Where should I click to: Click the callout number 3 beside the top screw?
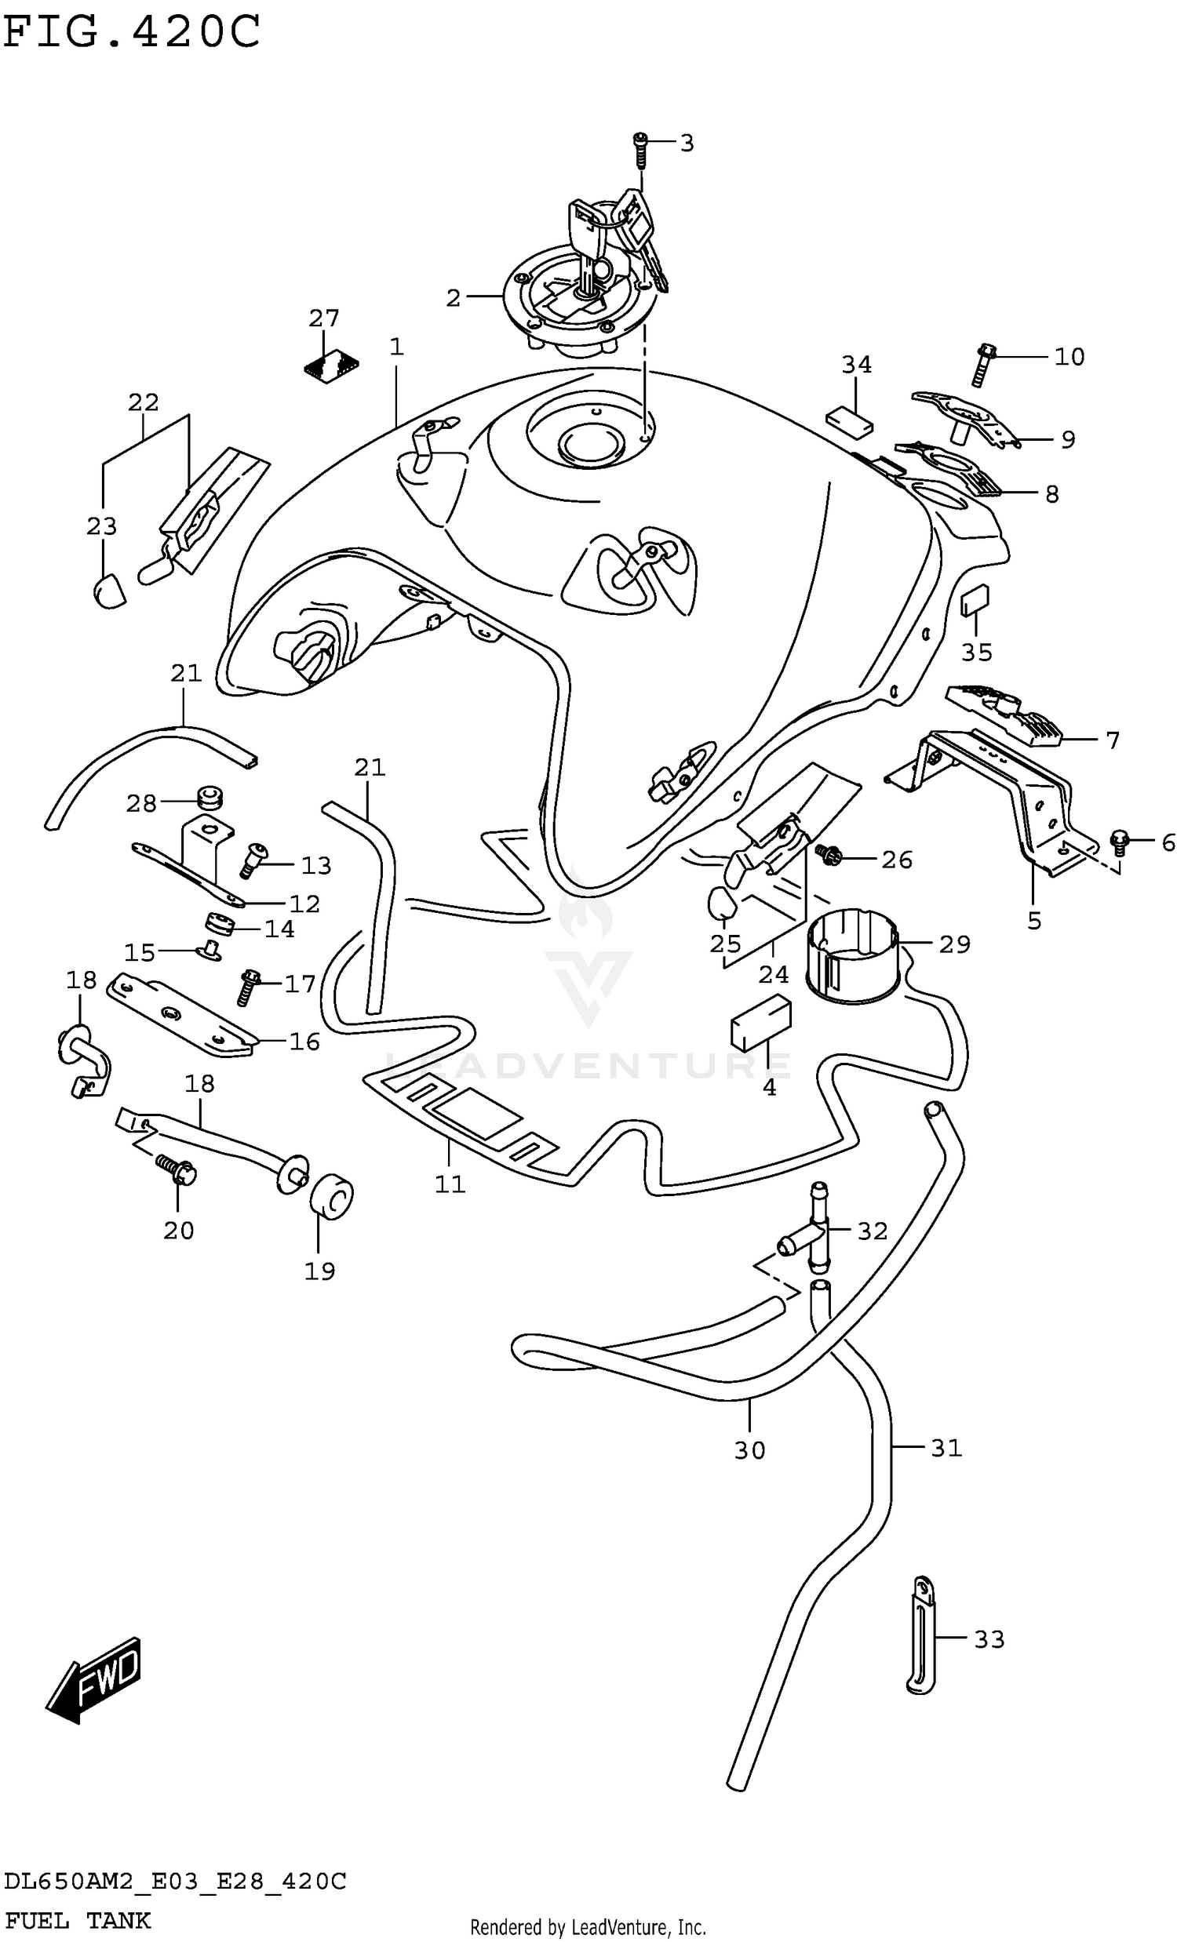tap(687, 144)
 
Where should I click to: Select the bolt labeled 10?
tap(982, 365)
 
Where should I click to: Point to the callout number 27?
tap(323, 318)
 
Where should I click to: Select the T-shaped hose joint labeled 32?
tap(812, 1239)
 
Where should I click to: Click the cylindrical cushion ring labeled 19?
tap(332, 1198)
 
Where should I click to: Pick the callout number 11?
tap(450, 1184)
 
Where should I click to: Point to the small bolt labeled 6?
tap(1120, 842)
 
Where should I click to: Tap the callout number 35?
tap(976, 652)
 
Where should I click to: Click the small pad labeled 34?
tap(849, 421)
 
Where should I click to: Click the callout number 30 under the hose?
tap(749, 1450)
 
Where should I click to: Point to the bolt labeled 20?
tap(179, 1170)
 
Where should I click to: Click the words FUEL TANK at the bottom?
tap(76, 1920)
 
